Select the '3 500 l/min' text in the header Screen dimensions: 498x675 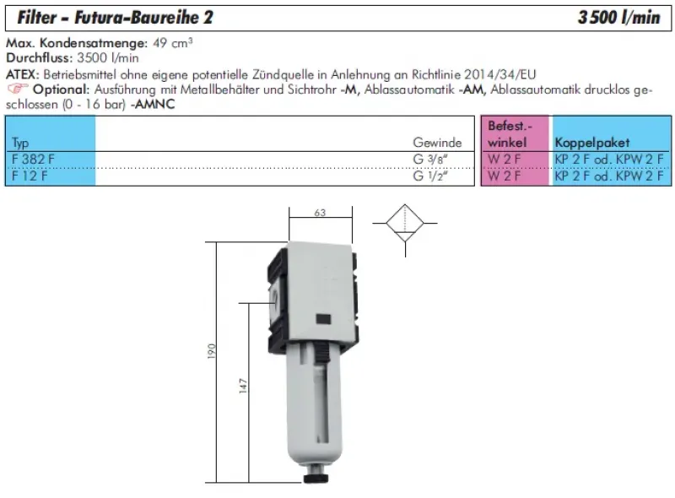click(618, 17)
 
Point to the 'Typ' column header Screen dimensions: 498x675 click(21, 143)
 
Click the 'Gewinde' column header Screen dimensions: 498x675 click(437, 143)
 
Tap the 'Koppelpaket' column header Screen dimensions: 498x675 click(591, 143)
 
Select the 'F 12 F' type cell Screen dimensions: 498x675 click(30, 176)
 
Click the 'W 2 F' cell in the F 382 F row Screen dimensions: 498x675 click(505, 159)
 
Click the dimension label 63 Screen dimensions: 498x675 click(320, 214)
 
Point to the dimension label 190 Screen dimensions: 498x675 click(213, 349)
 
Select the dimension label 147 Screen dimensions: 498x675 click(242, 387)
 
